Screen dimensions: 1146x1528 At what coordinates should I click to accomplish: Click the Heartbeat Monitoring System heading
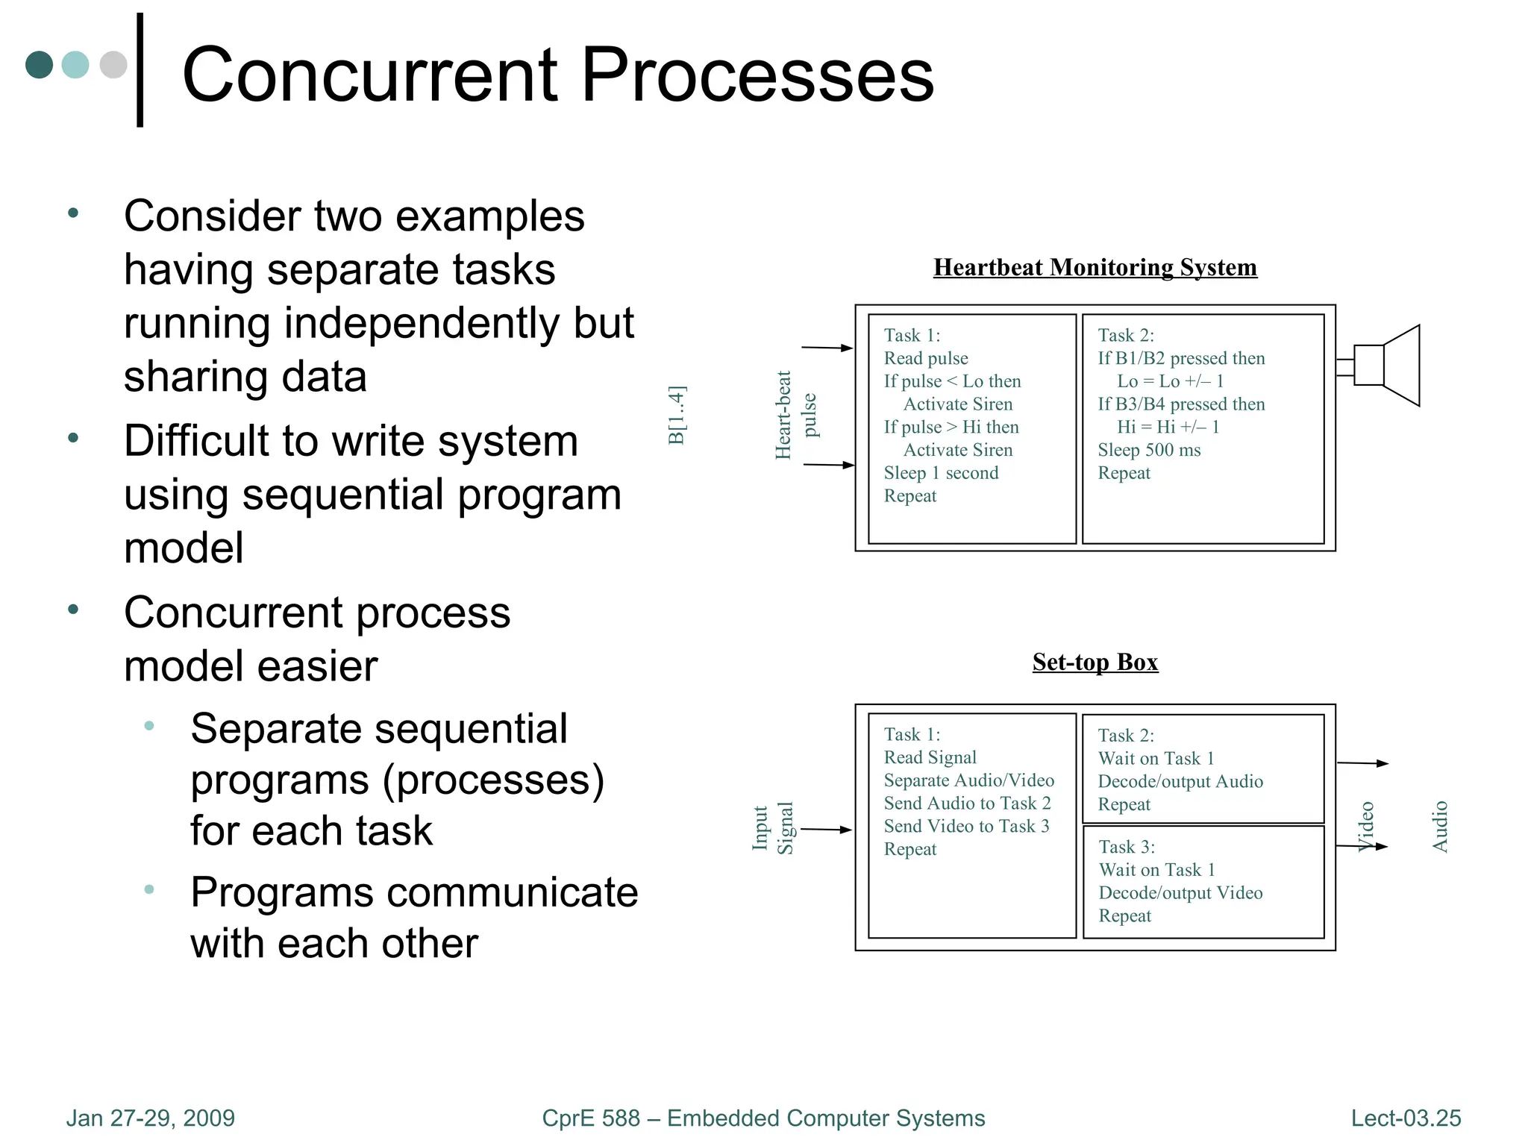(x=1095, y=267)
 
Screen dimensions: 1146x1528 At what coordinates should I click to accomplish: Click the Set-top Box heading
(x=1095, y=662)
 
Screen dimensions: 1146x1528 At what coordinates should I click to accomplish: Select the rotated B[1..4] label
(x=676, y=415)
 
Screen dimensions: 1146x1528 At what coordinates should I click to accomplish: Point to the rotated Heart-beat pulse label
(x=795, y=415)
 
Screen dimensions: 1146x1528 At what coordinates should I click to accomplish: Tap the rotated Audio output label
(x=1440, y=827)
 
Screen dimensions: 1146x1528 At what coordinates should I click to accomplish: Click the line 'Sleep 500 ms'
(x=1149, y=450)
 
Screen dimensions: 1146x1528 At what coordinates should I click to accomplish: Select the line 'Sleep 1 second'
(x=941, y=473)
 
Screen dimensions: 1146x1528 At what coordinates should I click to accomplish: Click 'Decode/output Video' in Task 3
(x=1180, y=893)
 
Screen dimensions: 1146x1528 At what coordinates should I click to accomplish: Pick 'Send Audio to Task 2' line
(x=967, y=804)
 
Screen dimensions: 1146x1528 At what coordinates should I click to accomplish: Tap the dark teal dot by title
(x=39, y=65)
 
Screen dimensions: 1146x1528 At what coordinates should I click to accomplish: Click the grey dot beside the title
(x=113, y=65)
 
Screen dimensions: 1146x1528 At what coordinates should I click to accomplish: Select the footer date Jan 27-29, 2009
(x=150, y=1118)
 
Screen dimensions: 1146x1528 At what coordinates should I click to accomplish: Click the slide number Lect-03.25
(x=1406, y=1118)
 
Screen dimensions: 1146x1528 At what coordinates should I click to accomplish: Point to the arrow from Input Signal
(x=825, y=829)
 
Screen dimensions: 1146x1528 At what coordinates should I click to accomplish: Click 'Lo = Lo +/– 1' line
(x=1170, y=381)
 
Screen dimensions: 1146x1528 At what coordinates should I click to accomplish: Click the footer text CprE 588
(x=590, y=1118)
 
